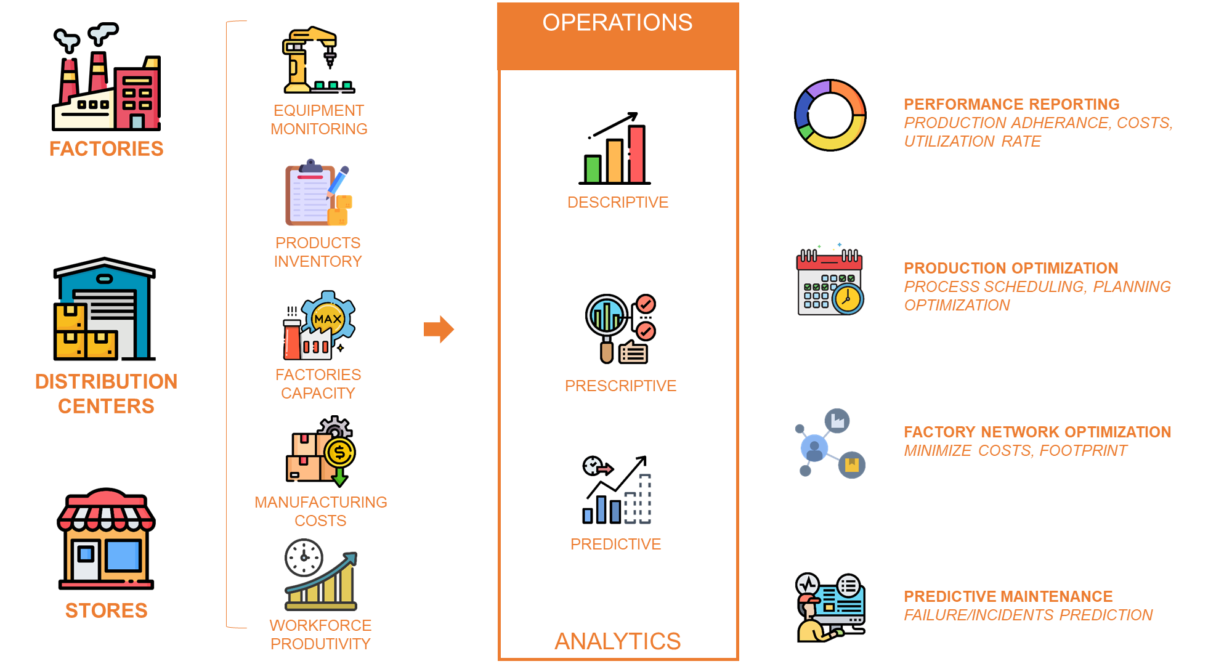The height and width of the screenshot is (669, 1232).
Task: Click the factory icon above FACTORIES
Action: [x=107, y=77]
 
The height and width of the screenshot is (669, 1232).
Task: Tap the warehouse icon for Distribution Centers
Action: [x=105, y=309]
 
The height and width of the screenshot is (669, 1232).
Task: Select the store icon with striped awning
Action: [x=106, y=539]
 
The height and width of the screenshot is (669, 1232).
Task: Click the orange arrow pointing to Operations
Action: [x=439, y=329]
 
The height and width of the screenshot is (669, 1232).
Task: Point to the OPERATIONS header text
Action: [x=617, y=23]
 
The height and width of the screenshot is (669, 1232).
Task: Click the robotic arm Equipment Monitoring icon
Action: [x=318, y=60]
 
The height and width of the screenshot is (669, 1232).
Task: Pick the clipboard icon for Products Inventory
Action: [x=318, y=193]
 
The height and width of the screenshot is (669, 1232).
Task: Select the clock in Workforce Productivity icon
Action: [x=304, y=557]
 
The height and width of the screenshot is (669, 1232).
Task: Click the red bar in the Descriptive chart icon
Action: [x=636, y=153]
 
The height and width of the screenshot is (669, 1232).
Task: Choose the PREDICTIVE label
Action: [x=615, y=544]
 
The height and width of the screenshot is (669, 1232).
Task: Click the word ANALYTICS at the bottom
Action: [x=617, y=641]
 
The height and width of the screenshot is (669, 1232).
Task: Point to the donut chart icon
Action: [x=830, y=115]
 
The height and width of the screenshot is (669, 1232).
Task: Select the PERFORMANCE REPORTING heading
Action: [x=1011, y=104]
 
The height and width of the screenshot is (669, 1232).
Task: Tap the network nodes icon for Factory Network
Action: [x=830, y=443]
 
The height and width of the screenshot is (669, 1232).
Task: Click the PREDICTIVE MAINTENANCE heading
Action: [x=1008, y=596]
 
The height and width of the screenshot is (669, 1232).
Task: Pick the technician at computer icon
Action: [x=830, y=607]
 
